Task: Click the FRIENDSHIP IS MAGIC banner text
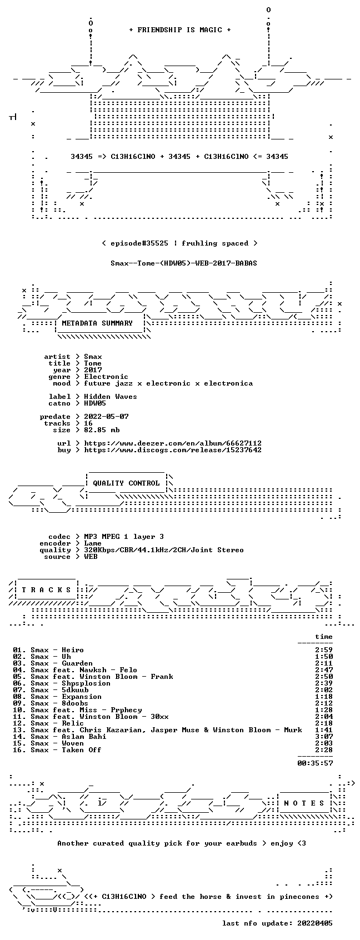179,30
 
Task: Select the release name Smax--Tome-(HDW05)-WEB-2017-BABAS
184,263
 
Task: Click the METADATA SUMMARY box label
97,323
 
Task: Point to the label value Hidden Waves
111,397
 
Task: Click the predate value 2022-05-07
106,416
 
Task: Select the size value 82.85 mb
102,429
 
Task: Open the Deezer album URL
173,443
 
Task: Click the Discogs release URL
173,450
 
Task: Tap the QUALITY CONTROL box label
126,483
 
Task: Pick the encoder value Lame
93,543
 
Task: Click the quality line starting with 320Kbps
164,550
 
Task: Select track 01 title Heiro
73,650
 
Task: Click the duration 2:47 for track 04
324,670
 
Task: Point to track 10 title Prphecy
126,710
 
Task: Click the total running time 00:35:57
315,763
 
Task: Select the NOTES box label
304,803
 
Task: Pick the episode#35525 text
139,243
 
